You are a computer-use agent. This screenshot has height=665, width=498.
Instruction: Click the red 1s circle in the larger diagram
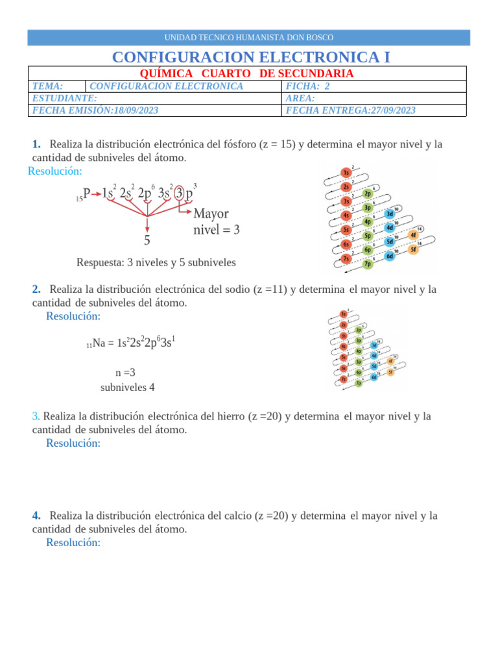(346, 173)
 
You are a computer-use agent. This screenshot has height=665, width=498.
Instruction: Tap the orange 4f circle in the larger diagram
(412, 235)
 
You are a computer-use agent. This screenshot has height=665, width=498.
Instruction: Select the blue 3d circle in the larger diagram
(390, 214)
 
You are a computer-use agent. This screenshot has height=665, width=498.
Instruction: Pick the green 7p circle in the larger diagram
(368, 264)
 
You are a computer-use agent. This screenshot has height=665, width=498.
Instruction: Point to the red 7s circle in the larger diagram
(346, 259)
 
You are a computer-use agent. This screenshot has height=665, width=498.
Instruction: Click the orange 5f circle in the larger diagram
(412, 249)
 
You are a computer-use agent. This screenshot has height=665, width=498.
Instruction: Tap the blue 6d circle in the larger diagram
(390, 256)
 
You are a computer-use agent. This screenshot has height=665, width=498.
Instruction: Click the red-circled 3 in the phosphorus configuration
(178, 194)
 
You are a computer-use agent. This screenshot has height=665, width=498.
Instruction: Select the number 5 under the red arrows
(147, 240)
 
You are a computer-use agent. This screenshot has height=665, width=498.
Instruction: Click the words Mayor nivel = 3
(216, 221)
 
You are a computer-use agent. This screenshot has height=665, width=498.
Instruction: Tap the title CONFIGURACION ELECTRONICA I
(251, 57)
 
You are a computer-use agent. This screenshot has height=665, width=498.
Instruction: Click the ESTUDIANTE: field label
(65, 98)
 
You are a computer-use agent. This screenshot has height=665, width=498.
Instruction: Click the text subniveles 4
(127, 388)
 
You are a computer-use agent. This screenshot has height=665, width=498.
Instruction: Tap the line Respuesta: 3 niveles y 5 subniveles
(156, 263)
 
